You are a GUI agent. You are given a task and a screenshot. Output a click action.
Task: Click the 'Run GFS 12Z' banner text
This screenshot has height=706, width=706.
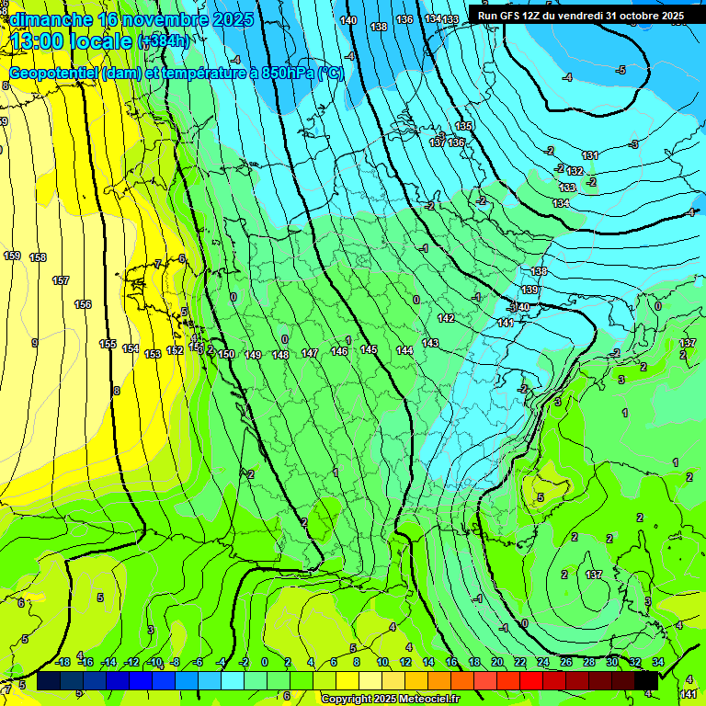pyautogui.click(x=579, y=16)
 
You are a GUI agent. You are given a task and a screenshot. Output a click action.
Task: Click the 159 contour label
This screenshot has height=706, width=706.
pyautogui.click(x=12, y=256)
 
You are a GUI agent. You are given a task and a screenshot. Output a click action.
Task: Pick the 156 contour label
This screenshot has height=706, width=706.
pyautogui.click(x=83, y=304)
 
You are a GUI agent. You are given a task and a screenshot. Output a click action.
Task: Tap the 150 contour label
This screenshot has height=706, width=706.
pyautogui.click(x=226, y=355)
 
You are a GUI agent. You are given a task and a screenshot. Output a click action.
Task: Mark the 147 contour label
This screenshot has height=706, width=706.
pyautogui.click(x=310, y=353)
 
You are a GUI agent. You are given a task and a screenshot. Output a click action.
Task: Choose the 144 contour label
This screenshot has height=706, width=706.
pyautogui.click(x=404, y=350)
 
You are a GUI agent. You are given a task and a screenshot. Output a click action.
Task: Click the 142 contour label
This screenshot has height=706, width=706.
pyautogui.click(x=446, y=318)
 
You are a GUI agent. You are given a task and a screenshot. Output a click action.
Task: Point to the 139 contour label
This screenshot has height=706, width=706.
pyautogui.click(x=529, y=290)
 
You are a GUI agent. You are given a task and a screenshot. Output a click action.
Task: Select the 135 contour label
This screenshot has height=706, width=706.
pyautogui.click(x=463, y=126)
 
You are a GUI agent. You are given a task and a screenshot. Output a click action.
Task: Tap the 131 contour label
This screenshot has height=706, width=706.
pyautogui.click(x=590, y=155)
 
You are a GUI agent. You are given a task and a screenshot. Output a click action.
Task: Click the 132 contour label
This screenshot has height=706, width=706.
pyautogui.click(x=575, y=171)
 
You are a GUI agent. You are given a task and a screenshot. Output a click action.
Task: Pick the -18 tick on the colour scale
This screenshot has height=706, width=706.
pyautogui.click(x=63, y=662)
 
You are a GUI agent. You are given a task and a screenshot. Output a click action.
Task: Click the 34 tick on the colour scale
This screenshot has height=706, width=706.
pyautogui.click(x=658, y=662)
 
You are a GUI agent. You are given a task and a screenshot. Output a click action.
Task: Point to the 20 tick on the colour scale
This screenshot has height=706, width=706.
pyautogui.click(x=497, y=662)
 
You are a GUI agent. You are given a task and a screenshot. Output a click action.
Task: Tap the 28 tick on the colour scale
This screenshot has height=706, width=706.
pyautogui.click(x=588, y=662)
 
